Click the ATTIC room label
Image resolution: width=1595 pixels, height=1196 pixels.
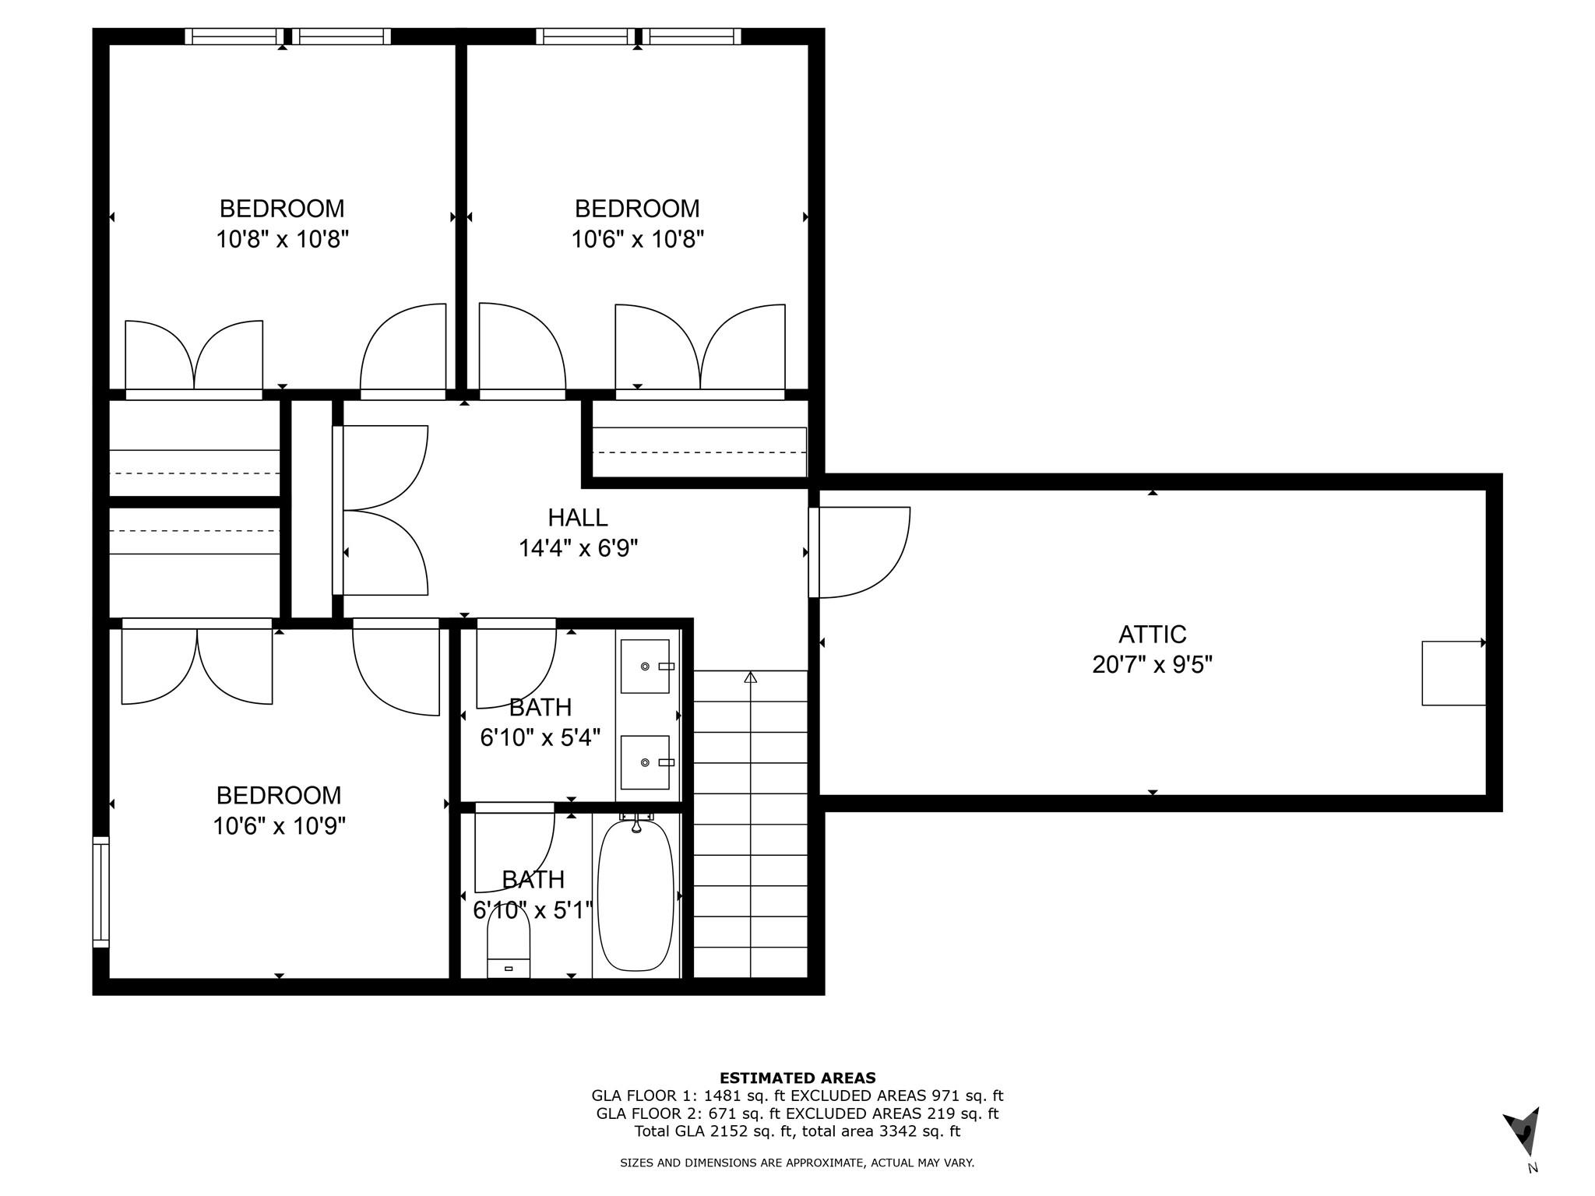click(x=1152, y=635)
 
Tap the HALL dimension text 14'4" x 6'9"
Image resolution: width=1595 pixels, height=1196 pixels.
click(x=578, y=549)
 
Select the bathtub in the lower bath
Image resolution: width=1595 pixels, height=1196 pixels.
click(x=636, y=895)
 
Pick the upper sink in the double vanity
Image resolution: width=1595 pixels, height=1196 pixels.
click(x=645, y=667)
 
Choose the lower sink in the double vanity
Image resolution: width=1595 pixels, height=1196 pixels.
click(x=645, y=762)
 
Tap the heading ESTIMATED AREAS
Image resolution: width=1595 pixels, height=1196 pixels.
click(x=797, y=1078)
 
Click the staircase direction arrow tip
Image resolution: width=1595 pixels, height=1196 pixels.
click(x=750, y=677)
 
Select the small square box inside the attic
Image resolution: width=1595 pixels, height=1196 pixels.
click(x=1453, y=674)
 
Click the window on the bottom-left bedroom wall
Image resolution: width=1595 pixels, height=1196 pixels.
click(x=101, y=892)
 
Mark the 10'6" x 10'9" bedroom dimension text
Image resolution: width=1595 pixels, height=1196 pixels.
click(x=279, y=826)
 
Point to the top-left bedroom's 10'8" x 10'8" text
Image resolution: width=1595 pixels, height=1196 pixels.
click(x=282, y=239)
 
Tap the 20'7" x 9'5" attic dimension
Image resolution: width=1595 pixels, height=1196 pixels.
click(x=1152, y=665)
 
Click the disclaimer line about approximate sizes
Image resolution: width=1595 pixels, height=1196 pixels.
click(x=797, y=1163)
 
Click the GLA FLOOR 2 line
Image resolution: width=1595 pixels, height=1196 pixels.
click(x=797, y=1113)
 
